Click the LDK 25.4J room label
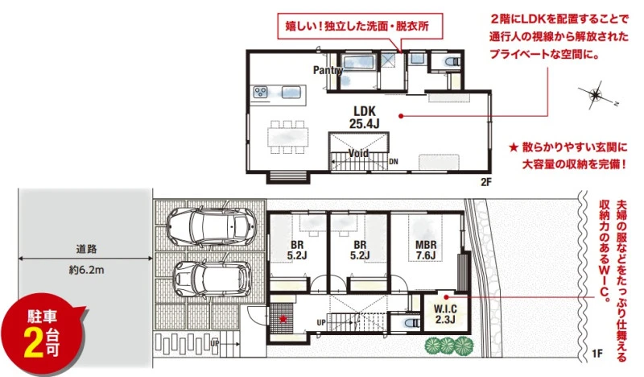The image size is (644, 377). click(365, 118)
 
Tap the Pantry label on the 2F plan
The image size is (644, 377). click(328, 70)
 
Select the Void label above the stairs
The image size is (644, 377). click(358, 153)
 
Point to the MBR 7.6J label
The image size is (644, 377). click(426, 250)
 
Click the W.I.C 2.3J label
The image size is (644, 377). click(445, 314)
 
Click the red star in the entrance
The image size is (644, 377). click(283, 318)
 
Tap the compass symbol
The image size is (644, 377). click(596, 96)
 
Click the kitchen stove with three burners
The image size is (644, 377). click(260, 92)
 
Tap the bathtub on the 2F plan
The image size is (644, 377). click(358, 62)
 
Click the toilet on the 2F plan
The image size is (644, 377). click(453, 62)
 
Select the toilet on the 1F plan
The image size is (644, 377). click(412, 323)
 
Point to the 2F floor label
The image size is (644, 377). click(486, 182)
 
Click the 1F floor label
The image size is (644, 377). click(597, 353)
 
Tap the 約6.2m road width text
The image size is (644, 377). click(86, 270)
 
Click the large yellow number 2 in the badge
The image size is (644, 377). click(34, 343)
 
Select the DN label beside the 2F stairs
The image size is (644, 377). click(394, 162)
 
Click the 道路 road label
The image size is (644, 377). click(86, 249)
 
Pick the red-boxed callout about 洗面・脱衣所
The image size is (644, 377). click(360, 27)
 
